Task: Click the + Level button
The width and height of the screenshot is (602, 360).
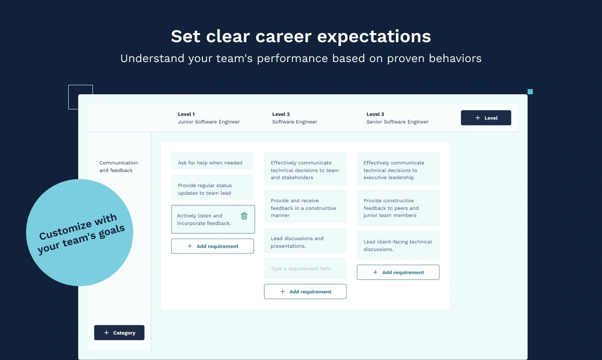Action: pos(486,117)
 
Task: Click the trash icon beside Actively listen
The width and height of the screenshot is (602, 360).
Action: pos(244,216)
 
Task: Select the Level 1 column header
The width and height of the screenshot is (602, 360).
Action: pos(209,118)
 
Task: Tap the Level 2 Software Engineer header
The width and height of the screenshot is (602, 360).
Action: pos(294,118)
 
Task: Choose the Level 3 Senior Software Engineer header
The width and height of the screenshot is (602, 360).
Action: pos(398,118)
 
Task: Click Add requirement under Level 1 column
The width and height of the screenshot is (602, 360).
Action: pos(212,246)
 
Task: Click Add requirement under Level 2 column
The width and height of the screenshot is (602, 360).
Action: pos(305,291)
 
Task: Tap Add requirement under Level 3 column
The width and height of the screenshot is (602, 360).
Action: pos(398,272)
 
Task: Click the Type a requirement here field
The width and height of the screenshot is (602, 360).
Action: pos(305,269)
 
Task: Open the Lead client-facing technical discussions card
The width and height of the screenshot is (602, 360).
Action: pos(398,245)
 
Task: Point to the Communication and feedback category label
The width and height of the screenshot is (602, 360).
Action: pos(119,166)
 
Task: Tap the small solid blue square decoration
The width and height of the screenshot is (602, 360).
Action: pos(530,91)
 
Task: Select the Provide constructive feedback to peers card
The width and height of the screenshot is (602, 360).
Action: pos(398,207)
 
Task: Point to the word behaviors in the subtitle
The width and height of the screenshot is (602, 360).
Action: pos(455,58)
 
